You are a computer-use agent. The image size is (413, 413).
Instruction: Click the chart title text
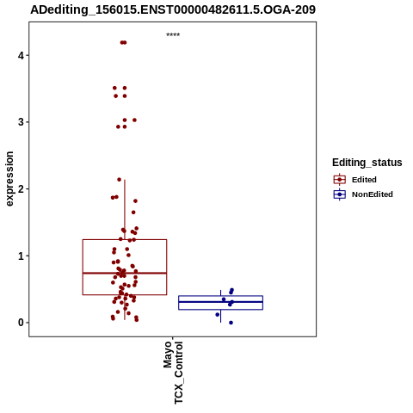tap(173, 9)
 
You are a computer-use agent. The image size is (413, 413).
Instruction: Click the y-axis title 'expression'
tap(9, 179)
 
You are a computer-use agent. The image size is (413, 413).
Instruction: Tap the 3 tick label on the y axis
tap(21, 122)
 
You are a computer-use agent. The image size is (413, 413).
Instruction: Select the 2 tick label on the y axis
tap(21, 188)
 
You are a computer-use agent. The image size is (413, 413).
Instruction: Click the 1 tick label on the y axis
tap(21, 256)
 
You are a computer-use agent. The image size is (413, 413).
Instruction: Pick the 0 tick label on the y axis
tap(21, 323)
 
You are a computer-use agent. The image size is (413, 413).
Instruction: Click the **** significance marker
tap(173, 34)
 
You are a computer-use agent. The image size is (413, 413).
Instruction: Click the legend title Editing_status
tap(367, 163)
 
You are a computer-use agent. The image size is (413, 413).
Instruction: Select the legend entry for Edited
tap(364, 180)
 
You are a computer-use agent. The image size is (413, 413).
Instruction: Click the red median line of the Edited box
tap(125, 273)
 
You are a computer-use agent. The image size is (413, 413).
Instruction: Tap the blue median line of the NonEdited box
tap(220, 302)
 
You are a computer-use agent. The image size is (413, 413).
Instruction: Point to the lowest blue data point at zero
tap(231, 323)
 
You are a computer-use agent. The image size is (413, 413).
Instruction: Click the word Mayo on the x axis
tap(167, 354)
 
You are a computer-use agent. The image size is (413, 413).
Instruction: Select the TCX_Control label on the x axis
tap(178, 373)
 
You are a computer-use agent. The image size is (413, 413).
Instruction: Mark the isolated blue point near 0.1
tap(218, 315)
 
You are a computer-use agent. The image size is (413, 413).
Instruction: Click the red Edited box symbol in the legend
tap(340, 180)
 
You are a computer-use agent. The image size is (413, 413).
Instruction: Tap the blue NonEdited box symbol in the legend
tap(340, 194)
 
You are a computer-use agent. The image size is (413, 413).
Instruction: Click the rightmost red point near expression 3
tap(134, 120)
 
